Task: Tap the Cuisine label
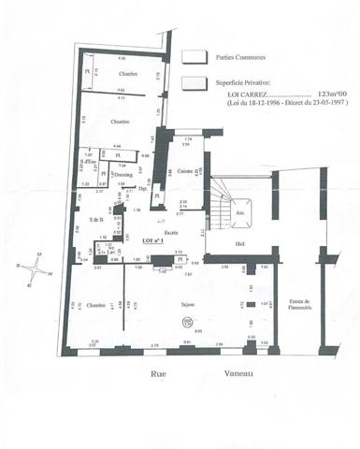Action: pyautogui.click(x=185, y=171)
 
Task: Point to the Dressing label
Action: pyautogui.click(x=123, y=174)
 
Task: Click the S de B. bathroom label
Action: pyautogui.click(x=95, y=219)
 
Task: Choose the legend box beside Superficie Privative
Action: pyautogui.click(x=194, y=80)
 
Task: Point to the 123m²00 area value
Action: pyautogui.click(x=330, y=94)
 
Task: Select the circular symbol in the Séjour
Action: pyautogui.click(x=186, y=321)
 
